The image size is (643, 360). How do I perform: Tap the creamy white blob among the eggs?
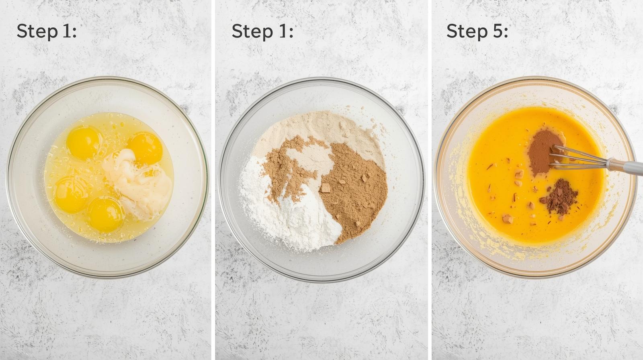138,183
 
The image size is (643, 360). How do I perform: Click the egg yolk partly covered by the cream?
145,148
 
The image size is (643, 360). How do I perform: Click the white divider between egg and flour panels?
213,180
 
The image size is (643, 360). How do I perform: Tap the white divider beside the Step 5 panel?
430,180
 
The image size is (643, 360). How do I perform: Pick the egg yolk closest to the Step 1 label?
83,143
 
